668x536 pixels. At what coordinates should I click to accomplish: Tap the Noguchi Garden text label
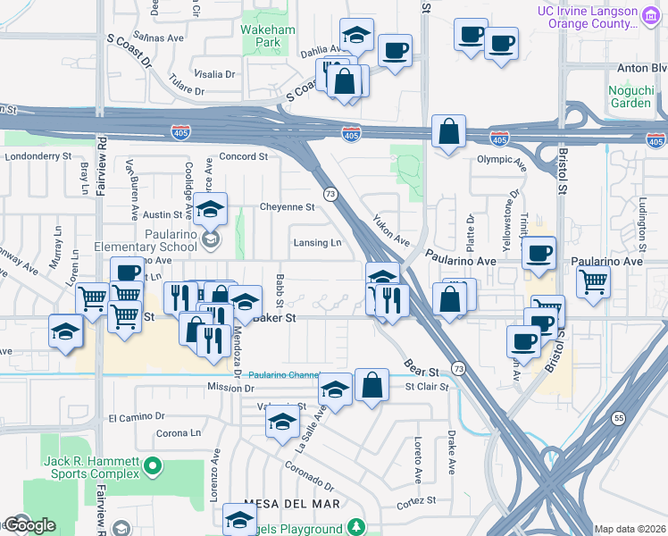click(x=630, y=96)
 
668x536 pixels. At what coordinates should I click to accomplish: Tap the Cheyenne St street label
click(x=287, y=206)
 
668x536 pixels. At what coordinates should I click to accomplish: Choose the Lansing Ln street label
click(x=317, y=243)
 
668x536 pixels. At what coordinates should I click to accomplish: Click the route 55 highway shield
click(x=619, y=418)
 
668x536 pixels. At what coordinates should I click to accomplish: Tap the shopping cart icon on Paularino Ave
click(x=594, y=281)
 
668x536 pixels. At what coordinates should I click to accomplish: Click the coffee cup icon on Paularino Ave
click(x=539, y=253)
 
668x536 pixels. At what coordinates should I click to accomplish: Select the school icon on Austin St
click(x=211, y=209)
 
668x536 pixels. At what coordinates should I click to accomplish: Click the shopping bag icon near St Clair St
click(x=372, y=385)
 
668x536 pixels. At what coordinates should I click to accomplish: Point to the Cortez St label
click(x=418, y=500)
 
